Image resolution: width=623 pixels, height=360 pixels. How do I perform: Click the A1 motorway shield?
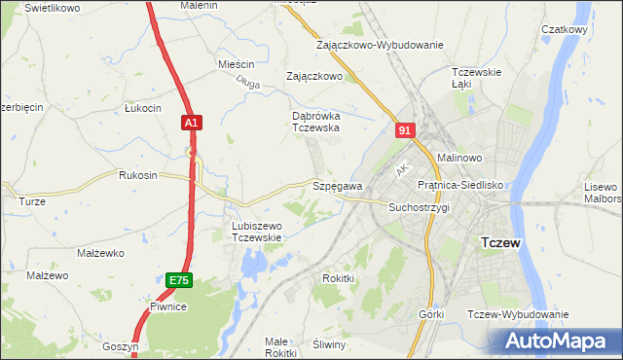191,123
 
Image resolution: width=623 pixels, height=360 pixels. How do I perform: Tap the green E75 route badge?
178,280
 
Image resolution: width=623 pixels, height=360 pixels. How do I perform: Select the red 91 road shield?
406,128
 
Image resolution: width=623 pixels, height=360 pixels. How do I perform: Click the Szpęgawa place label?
337,185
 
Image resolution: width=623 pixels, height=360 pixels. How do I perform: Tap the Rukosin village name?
137,176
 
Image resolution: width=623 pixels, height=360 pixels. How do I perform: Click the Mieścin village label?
237,64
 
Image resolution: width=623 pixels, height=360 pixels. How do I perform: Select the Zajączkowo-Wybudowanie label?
380,45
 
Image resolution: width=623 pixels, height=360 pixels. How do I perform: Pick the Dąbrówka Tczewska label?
315,121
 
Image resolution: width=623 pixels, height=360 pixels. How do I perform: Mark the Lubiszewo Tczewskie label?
256,232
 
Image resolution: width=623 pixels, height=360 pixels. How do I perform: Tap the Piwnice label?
167,306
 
